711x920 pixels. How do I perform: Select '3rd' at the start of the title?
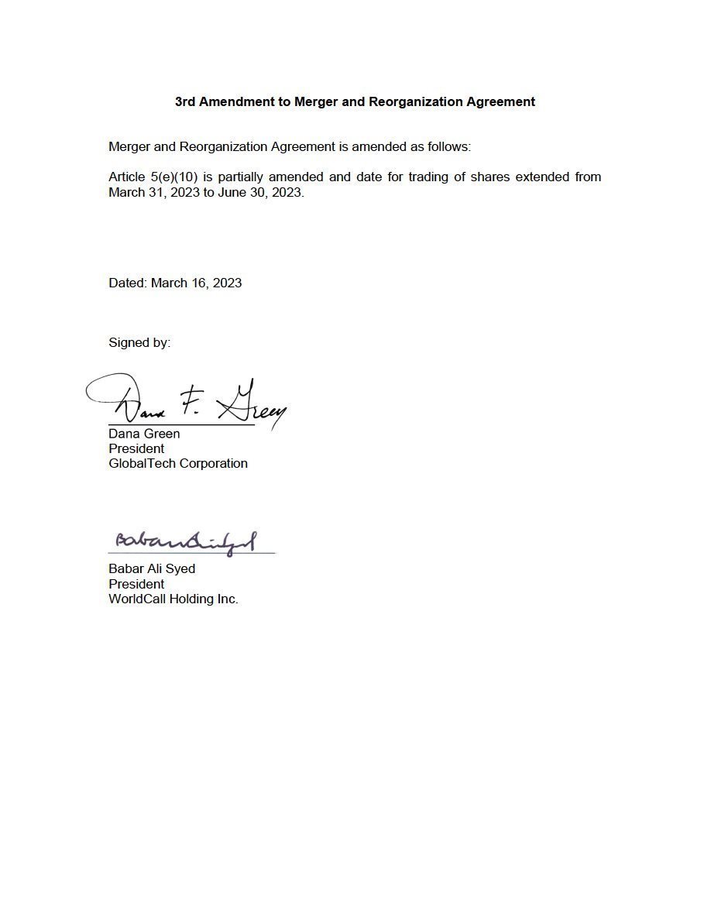click(184, 101)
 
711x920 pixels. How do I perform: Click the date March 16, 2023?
click(196, 283)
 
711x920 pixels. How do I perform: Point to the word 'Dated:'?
click(127, 283)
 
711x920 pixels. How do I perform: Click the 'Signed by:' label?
click(139, 342)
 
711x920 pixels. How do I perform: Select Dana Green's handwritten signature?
click(186, 400)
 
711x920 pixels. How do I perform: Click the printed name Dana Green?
click(144, 434)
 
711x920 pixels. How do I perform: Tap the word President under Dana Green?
click(136, 448)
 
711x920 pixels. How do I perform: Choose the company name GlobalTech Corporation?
click(178, 463)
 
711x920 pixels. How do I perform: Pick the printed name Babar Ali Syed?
click(152, 568)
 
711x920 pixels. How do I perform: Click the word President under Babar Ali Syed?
click(136, 584)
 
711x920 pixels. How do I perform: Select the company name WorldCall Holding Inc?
click(173, 599)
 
